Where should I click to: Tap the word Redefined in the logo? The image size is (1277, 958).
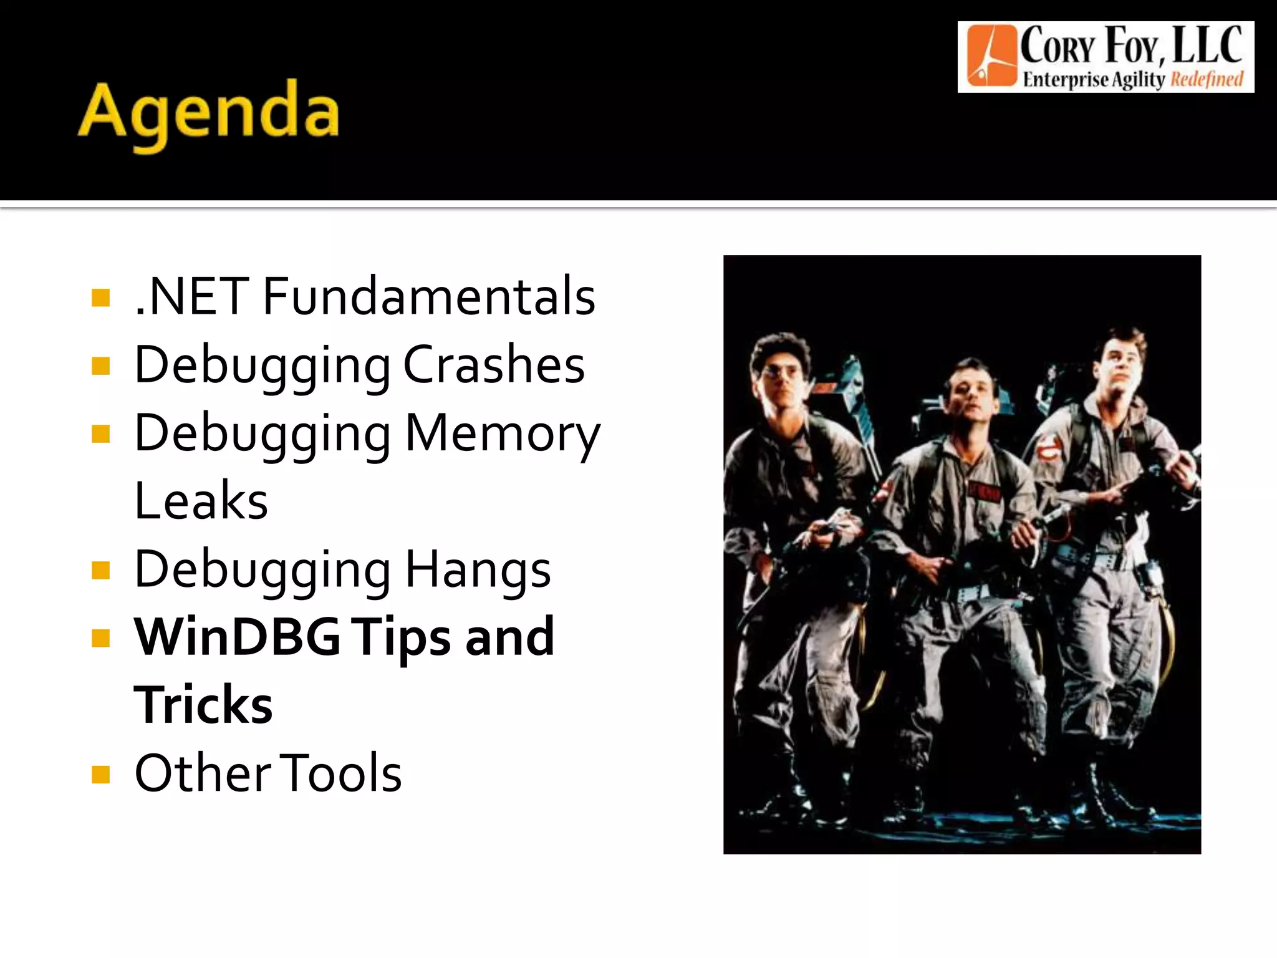click(x=1207, y=80)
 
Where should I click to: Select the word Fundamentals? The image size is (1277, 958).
click(x=429, y=296)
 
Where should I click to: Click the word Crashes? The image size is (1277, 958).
click(x=494, y=365)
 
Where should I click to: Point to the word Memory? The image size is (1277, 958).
click(x=503, y=433)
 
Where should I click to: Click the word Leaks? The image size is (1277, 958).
click(x=201, y=501)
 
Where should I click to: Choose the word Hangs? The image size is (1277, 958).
click(x=478, y=569)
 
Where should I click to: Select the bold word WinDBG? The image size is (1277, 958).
click(x=238, y=637)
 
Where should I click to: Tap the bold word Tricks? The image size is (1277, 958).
click(x=203, y=705)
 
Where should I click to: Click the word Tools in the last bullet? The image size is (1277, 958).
click(x=340, y=773)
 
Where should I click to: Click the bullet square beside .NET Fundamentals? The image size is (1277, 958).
click(x=100, y=298)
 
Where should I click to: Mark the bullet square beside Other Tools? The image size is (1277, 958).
click(x=100, y=775)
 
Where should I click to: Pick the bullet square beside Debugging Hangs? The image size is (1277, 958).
click(x=100, y=571)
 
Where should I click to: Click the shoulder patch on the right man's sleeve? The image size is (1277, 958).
click(x=1048, y=448)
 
